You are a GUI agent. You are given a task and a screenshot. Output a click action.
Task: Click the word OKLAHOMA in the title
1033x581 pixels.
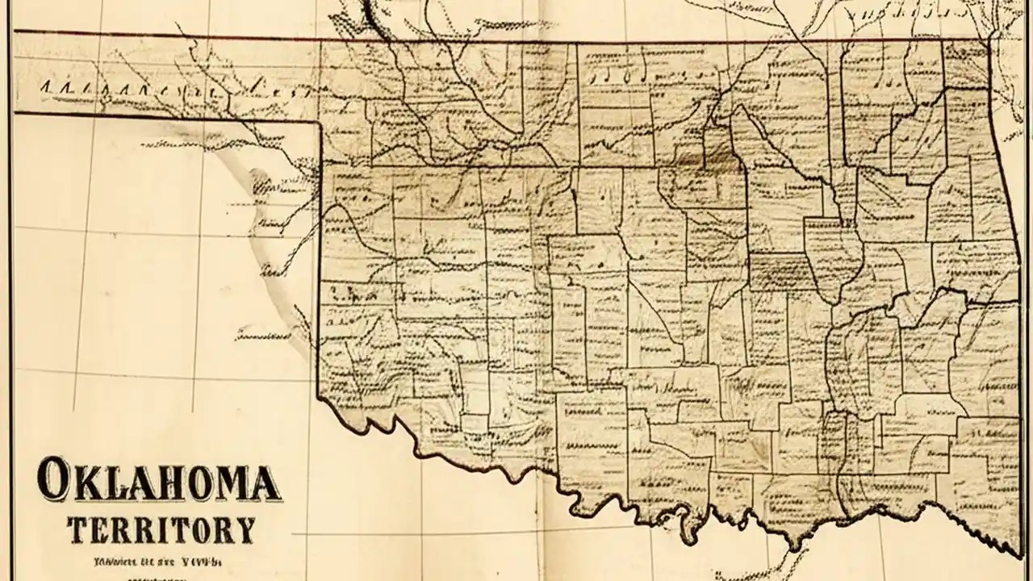(159, 481)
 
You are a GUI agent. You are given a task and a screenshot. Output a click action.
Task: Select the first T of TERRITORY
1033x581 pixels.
(78, 529)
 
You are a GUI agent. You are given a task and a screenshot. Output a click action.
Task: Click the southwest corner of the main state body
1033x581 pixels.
(320, 395)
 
